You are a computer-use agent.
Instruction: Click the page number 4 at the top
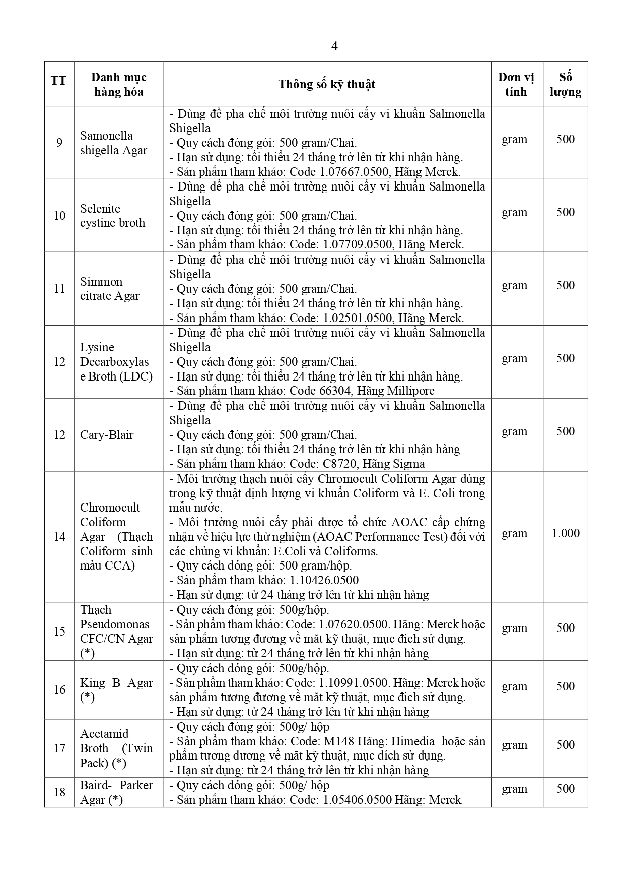pyautogui.click(x=334, y=46)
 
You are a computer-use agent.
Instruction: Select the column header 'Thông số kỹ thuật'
pyautogui.click(x=327, y=84)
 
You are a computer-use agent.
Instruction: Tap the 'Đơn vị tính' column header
pyautogui.click(x=516, y=84)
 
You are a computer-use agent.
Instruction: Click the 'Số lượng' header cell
pyautogui.click(x=565, y=84)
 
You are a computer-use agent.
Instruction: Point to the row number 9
pyautogui.click(x=59, y=143)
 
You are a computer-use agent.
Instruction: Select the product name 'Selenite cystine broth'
pyautogui.click(x=112, y=216)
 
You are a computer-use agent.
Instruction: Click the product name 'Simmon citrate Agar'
pyautogui.click(x=109, y=289)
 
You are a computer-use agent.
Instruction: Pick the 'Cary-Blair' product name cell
pyautogui.click(x=107, y=435)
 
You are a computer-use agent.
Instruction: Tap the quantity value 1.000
pyautogui.click(x=565, y=533)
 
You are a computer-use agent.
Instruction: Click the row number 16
pyautogui.click(x=59, y=690)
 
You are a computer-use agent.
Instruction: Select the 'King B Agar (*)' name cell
pyautogui.click(x=116, y=690)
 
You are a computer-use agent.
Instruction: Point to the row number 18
pyautogui.click(x=59, y=792)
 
